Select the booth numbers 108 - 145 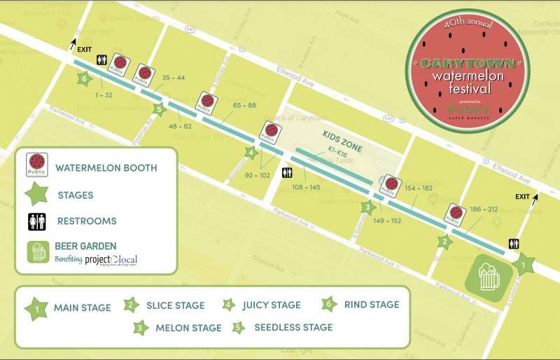click(x=307, y=187)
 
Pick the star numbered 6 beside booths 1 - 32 click(x=85, y=79)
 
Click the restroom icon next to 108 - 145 click(x=286, y=172)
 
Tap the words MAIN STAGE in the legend click(x=82, y=307)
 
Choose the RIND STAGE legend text click(x=372, y=305)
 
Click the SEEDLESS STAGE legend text click(x=293, y=327)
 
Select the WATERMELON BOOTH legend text click(x=106, y=168)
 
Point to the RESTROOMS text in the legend click(x=88, y=221)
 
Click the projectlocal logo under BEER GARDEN click(x=111, y=259)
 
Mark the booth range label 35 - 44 click(x=173, y=78)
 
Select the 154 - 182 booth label click(x=419, y=189)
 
